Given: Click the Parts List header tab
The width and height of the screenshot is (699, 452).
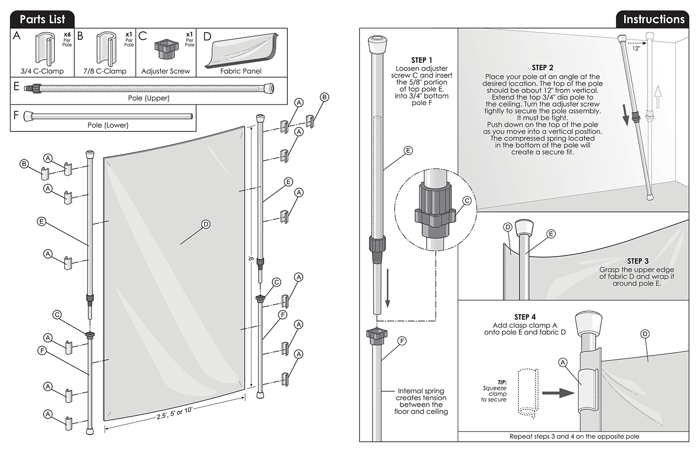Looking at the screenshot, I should click(x=42, y=19).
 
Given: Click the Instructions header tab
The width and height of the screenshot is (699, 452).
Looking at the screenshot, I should click(x=653, y=19).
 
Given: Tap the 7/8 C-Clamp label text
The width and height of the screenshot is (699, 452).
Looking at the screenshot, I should click(x=105, y=71).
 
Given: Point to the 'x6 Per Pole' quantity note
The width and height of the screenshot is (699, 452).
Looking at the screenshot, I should click(x=67, y=39).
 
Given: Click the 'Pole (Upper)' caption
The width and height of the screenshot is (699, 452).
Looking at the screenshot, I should click(x=149, y=98).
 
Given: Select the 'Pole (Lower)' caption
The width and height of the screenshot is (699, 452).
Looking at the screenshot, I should click(x=108, y=125).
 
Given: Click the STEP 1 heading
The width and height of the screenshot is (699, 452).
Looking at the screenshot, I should click(x=421, y=60).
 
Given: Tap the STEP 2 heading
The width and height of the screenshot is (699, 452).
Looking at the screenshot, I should click(x=542, y=67).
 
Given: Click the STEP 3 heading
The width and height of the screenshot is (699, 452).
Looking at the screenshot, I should click(x=637, y=261).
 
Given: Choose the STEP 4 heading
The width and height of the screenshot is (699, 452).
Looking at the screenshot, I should click(x=525, y=317).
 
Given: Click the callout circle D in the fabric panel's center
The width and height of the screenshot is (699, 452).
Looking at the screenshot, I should click(x=206, y=224).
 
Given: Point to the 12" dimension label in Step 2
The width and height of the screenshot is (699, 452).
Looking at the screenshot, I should click(x=636, y=48).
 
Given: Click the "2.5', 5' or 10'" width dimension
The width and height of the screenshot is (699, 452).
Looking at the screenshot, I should click(x=174, y=414).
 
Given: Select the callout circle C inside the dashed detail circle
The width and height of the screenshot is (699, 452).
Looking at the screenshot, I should click(x=467, y=200).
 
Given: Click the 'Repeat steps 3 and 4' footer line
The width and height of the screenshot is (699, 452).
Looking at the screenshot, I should click(x=574, y=436).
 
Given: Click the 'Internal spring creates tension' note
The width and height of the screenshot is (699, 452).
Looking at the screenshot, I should click(x=421, y=401).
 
